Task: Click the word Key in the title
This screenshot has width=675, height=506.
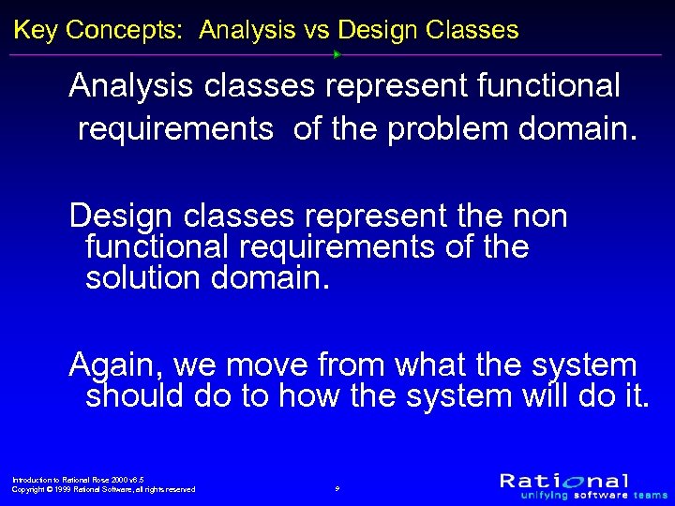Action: [x=35, y=30]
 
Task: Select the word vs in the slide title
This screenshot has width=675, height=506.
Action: [x=315, y=30]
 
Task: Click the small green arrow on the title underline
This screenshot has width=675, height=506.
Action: [x=337, y=54]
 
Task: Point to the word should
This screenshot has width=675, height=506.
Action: [x=134, y=395]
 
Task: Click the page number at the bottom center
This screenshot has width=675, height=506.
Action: [x=337, y=489]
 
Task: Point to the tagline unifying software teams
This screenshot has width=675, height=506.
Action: [x=584, y=495]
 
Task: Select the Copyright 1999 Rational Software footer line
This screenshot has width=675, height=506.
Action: [x=103, y=489]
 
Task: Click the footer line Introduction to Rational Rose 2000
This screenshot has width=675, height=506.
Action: [x=77, y=479]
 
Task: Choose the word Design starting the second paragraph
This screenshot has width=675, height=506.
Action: [x=122, y=216]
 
